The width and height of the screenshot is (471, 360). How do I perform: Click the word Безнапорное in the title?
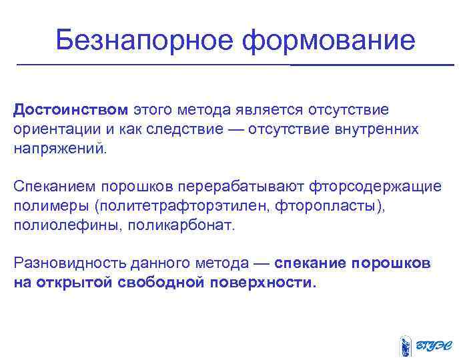[145, 41]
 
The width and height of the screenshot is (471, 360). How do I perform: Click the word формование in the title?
[329, 41]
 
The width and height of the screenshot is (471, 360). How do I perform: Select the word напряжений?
[59, 148]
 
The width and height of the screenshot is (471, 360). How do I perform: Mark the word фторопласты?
[329, 205]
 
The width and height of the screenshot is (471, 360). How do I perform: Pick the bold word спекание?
[310, 263]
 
